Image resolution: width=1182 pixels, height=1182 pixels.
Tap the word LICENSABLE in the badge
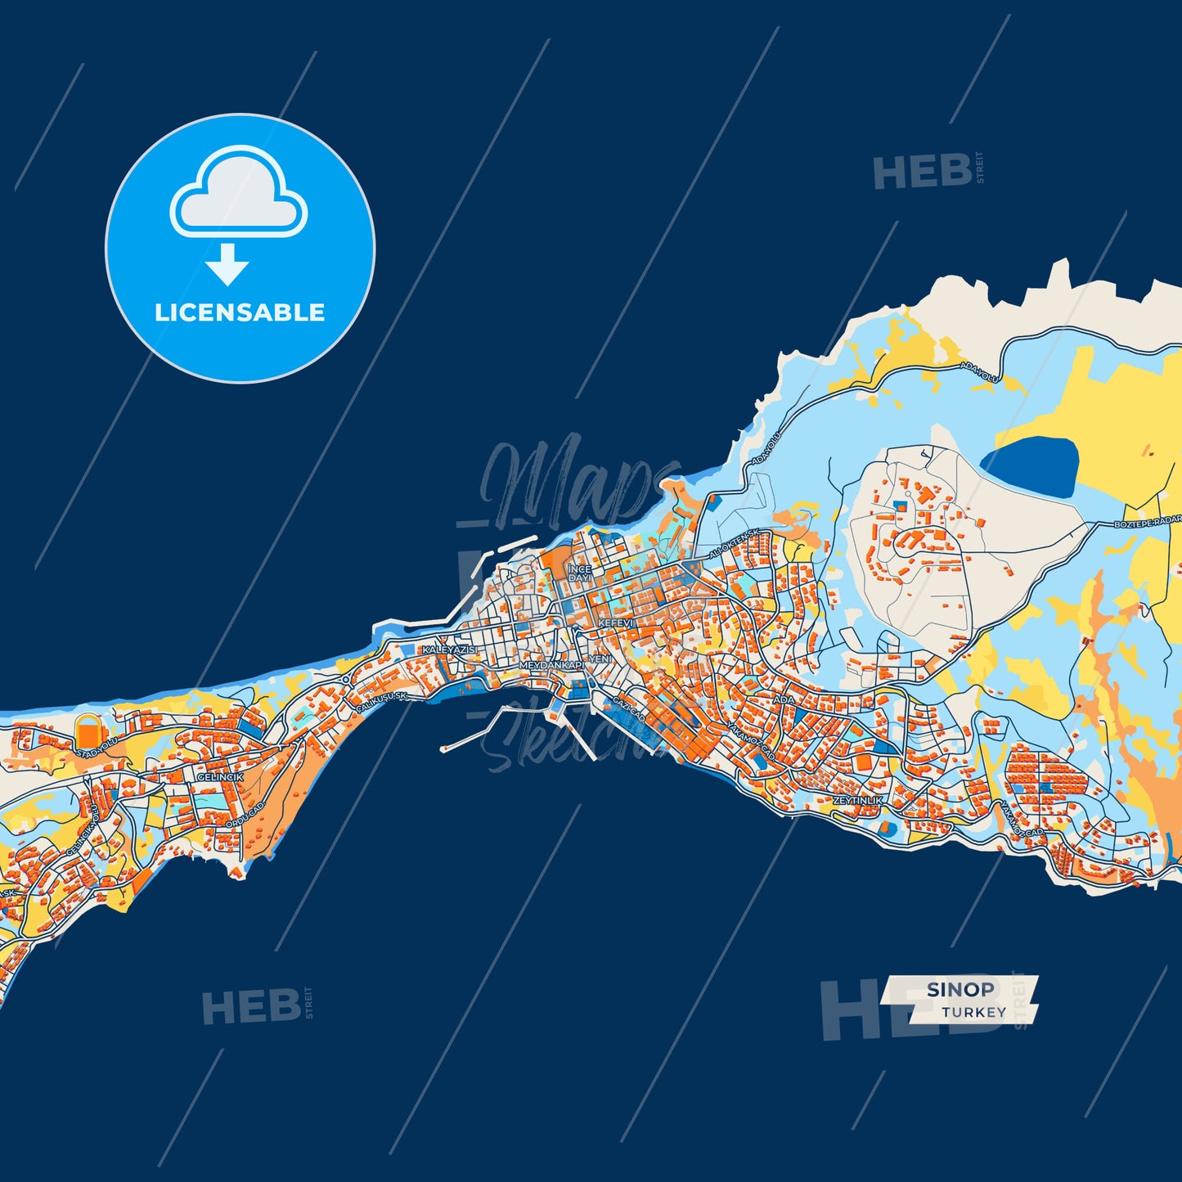(x=240, y=312)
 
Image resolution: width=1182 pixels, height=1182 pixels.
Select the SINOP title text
(x=960, y=989)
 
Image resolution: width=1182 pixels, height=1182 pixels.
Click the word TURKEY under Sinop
(x=973, y=1012)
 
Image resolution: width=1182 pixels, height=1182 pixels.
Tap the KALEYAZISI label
(x=449, y=649)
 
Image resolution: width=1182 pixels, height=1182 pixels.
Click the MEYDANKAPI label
(x=553, y=666)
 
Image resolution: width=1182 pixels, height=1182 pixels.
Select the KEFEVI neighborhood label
(x=616, y=623)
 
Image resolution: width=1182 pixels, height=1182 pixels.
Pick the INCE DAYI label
(x=579, y=573)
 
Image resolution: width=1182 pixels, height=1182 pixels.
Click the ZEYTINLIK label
(x=858, y=800)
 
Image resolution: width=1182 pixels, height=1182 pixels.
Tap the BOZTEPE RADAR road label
(x=1148, y=522)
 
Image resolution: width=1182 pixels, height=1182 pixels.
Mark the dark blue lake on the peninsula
(x=1033, y=466)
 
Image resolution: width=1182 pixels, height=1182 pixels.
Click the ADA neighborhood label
(x=784, y=700)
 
